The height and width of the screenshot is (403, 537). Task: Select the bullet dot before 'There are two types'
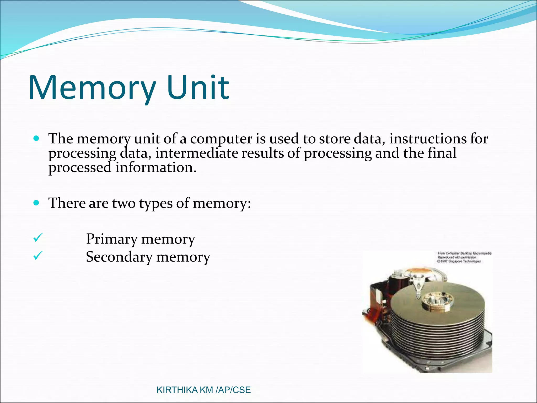pyautogui.click(x=36, y=203)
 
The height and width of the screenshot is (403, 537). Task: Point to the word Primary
pyautogui.click(x=112, y=239)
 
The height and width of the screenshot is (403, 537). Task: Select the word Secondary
pyautogui.click(x=119, y=257)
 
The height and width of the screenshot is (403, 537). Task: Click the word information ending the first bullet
pyautogui.click(x=156, y=167)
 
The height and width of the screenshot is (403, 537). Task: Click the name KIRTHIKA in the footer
pyautogui.click(x=177, y=390)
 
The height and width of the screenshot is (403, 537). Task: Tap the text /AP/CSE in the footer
pyautogui.click(x=233, y=390)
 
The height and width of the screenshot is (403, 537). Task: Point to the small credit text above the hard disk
pyautogui.click(x=464, y=257)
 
